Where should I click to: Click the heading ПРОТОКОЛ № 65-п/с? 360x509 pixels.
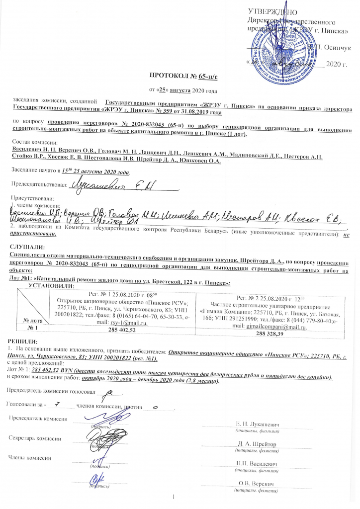[x=180, y=77]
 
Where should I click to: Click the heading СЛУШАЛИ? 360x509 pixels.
[x=27, y=247]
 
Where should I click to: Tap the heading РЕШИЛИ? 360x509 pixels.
[x=23, y=340]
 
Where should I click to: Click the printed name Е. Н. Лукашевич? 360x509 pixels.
[x=257, y=425]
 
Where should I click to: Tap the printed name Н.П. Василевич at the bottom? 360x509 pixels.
[x=257, y=464]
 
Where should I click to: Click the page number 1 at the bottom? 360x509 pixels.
[x=175, y=498]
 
